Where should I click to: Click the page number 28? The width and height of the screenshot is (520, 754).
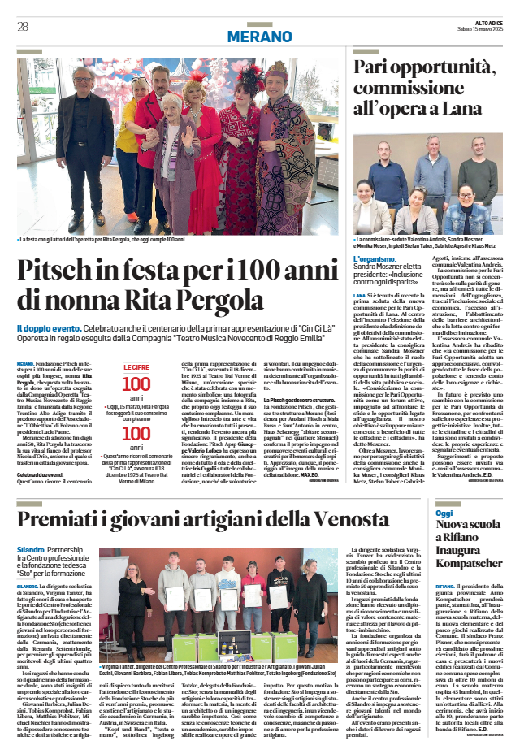22,27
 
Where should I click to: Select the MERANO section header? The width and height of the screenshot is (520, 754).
260,37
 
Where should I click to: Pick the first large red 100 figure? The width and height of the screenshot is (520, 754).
136,384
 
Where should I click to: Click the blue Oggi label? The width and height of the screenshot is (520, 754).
444,491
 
